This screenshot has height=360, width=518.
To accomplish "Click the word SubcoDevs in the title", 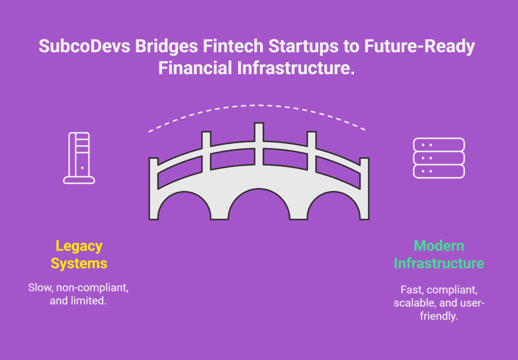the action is [x=84, y=46].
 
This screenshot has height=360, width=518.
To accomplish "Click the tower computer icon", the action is [x=79, y=158].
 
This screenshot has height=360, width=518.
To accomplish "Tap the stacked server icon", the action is [x=439, y=158].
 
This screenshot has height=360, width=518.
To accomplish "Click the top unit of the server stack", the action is [x=439, y=145].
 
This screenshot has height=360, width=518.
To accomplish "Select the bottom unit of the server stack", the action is [x=439, y=171].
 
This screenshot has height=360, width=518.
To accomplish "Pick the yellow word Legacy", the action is [x=79, y=247].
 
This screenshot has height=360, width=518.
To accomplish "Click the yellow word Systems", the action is [x=79, y=263].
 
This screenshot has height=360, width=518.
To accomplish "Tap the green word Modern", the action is [x=439, y=246].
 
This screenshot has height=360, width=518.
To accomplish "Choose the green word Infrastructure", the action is [x=439, y=263].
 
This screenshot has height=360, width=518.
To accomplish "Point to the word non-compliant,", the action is [x=92, y=288].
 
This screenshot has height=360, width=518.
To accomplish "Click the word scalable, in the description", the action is [x=415, y=303].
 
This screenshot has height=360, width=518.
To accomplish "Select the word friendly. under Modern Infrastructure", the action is [x=439, y=316].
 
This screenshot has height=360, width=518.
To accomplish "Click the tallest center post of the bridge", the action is [x=259, y=144].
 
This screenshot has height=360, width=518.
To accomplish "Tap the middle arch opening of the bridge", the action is [x=259, y=205].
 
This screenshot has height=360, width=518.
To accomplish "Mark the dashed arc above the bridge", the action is [x=258, y=105].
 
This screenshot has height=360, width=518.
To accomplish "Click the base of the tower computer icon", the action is [x=79, y=180].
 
